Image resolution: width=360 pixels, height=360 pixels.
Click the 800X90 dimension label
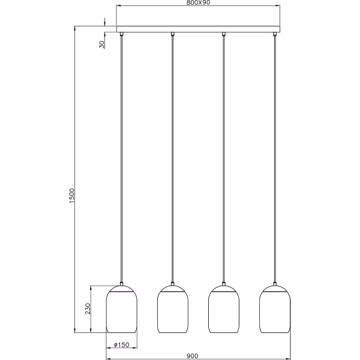[199, 3]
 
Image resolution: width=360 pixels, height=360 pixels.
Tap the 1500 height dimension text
[71, 196]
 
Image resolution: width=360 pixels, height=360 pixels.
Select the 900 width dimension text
[192, 356]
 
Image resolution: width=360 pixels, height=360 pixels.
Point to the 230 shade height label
[88, 309]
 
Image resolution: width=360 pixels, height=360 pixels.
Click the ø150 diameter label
[122, 344]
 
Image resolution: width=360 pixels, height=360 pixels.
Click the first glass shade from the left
[121, 310]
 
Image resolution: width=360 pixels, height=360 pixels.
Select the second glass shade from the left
[172, 310]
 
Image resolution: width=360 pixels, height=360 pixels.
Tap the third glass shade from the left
[223, 310]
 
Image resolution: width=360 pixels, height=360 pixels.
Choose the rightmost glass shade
[275, 310]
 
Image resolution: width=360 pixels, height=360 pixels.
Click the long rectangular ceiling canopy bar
[198, 29]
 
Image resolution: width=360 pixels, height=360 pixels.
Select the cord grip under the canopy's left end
[121, 34]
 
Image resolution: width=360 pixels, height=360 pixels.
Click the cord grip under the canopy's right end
[275, 34]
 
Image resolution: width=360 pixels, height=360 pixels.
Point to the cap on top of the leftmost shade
[121, 284]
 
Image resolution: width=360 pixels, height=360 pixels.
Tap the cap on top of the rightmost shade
[275, 284]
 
